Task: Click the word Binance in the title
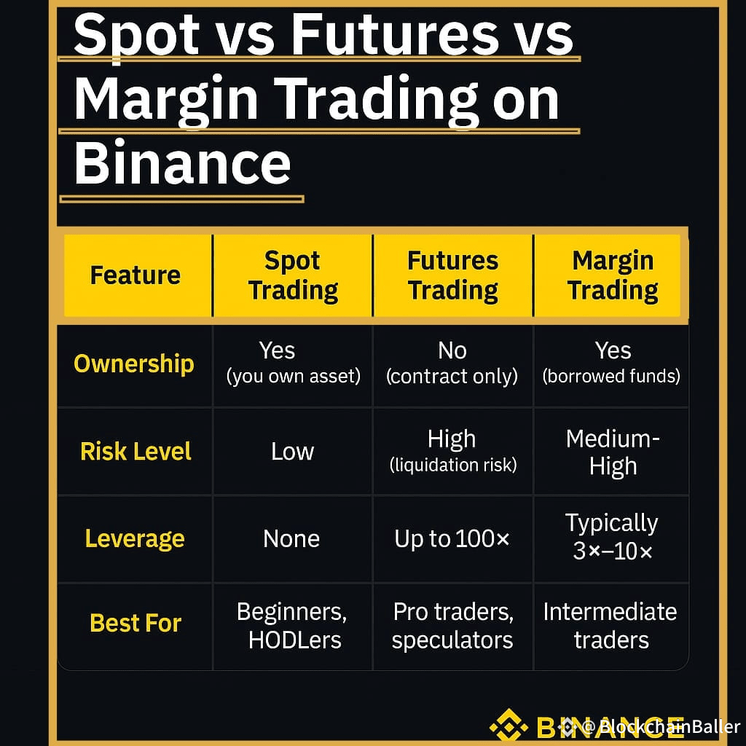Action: point(182,162)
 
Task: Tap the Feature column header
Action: point(136,275)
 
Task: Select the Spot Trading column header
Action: point(293,275)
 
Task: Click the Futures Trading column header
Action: point(453,275)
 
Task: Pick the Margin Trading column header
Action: point(613,275)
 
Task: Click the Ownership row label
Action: point(134,364)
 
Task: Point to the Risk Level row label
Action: point(136,451)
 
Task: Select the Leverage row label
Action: point(135,539)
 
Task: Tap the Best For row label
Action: point(136,623)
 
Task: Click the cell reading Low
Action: point(293,452)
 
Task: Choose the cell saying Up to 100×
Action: point(452,539)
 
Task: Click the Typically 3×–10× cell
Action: point(612,537)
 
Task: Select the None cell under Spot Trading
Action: point(291,539)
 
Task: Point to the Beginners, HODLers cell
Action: point(292,626)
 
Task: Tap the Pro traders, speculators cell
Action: point(453,626)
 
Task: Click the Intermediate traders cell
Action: point(610,626)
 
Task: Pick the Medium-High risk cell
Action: point(613,452)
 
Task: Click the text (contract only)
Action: point(452,377)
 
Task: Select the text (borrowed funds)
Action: point(611,377)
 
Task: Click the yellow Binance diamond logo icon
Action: point(509,726)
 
